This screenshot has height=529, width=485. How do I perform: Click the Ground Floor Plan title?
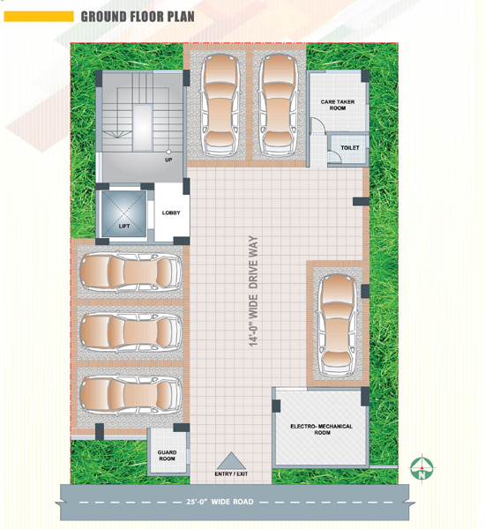pos(138,17)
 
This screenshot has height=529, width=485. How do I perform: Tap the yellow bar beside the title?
pos(39,17)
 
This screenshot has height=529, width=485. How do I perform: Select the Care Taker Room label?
pos(338,105)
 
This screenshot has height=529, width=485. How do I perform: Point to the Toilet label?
pos(350,148)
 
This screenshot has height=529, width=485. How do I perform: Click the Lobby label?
pos(171,212)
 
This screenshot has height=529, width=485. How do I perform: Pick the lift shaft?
pos(124,214)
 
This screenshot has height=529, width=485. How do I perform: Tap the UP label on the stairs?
pos(168,160)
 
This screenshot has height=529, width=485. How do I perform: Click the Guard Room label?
pos(167,456)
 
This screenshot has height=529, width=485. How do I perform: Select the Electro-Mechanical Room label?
pos(321,429)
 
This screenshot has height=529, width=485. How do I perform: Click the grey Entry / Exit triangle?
pos(231,461)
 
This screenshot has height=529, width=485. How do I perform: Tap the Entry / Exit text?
pos(231,474)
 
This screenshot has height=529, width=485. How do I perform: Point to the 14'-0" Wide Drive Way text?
pos(253,291)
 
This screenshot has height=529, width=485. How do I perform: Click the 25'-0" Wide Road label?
pos(220,502)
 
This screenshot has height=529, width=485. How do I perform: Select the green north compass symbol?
pos(422,468)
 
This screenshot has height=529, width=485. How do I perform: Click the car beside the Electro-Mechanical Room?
pos(337,325)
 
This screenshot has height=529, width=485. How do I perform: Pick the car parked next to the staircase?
pos(220,105)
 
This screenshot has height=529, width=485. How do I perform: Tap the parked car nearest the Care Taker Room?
pos(278,105)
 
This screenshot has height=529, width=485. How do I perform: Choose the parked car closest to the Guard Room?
pos(131,394)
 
